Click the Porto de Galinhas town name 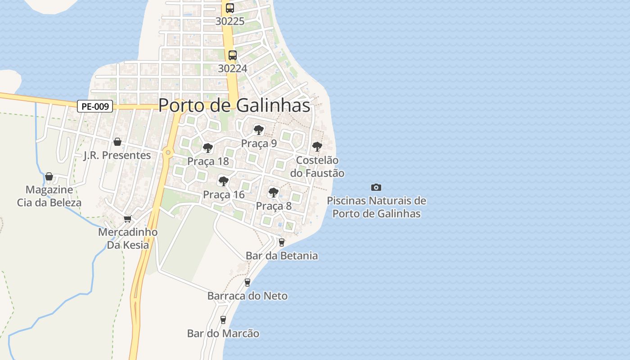(234, 105)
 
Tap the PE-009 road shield (94, 107)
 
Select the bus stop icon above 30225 (230, 8)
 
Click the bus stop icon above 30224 (232, 55)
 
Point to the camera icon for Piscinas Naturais (376, 187)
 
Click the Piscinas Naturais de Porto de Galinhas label (376, 207)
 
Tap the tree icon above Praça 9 (258, 130)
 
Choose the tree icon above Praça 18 (207, 148)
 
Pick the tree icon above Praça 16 (223, 181)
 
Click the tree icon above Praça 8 (273, 193)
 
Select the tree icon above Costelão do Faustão (317, 146)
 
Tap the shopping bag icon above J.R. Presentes (117, 142)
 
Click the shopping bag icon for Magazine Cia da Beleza (49, 176)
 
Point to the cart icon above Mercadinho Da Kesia (127, 219)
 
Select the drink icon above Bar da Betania (282, 243)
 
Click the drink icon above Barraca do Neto (247, 283)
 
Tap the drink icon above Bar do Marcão (223, 320)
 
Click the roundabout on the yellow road (168, 153)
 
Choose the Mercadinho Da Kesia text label (128, 238)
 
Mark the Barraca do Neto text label (247, 296)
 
